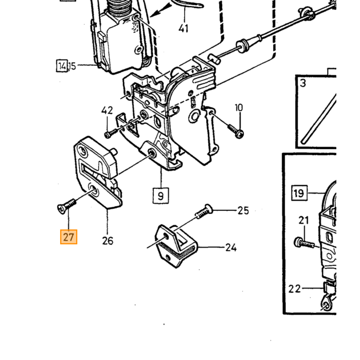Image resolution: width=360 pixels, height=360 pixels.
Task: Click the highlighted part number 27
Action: click(68, 237)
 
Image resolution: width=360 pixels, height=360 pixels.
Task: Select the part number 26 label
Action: click(107, 241)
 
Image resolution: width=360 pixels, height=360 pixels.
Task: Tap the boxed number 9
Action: click(160, 195)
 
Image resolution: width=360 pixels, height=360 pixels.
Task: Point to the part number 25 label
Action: click(243, 210)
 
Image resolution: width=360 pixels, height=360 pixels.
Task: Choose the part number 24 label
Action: click(231, 247)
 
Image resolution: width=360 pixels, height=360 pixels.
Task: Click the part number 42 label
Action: click(107, 111)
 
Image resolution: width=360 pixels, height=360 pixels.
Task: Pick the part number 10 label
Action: click(239, 107)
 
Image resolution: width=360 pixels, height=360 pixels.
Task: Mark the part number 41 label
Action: click(184, 28)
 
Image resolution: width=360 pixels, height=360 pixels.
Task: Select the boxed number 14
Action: click(62, 66)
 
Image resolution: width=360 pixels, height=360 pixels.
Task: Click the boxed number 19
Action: click(299, 193)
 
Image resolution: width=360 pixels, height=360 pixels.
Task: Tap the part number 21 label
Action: click(303, 221)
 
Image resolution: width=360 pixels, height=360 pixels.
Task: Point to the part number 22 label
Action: click(294, 289)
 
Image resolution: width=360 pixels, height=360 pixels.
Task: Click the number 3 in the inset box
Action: click(303, 83)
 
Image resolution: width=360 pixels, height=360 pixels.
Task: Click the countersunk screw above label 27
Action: click(66, 206)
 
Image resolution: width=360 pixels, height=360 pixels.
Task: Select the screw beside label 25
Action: click(204, 212)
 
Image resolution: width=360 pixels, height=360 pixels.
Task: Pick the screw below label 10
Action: click(236, 131)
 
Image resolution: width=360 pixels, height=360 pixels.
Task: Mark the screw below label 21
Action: click(304, 243)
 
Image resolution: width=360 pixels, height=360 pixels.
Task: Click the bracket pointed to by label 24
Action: click(176, 246)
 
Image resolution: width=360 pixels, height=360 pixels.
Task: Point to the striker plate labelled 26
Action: click(98, 172)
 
